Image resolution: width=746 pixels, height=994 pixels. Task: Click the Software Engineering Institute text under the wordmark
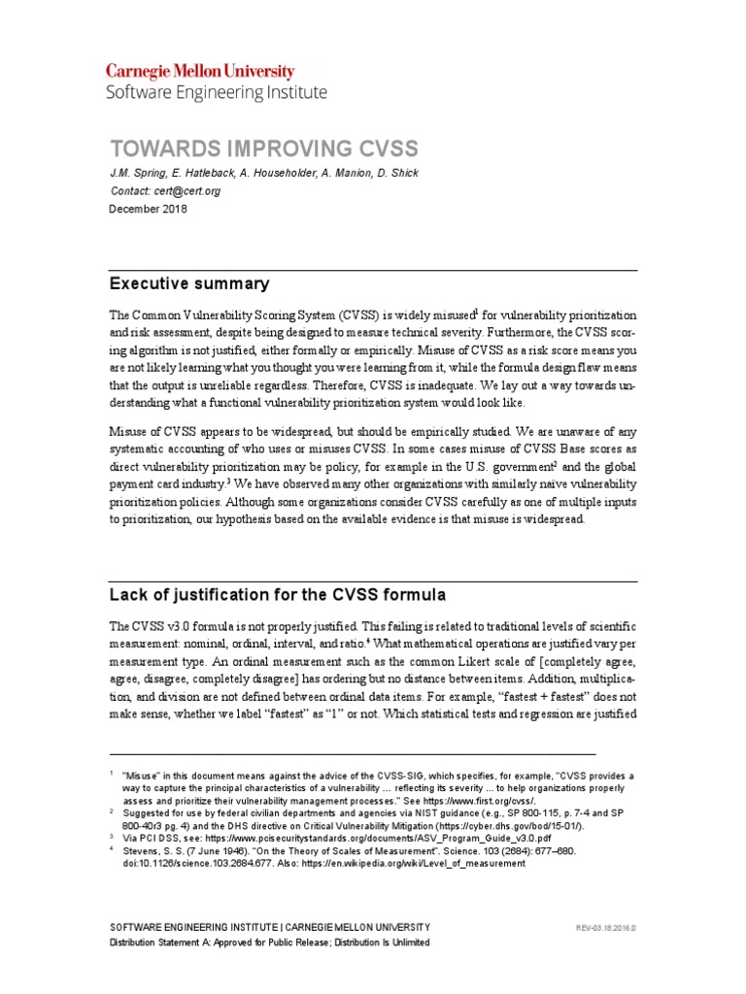point(216,93)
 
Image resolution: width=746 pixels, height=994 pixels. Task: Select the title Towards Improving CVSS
point(263,149)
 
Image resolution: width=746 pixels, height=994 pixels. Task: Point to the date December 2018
point(149,209)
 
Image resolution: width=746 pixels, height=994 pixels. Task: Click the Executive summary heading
point(188,284)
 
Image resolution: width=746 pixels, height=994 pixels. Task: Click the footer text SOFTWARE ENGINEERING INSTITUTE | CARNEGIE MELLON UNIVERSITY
point(269,928)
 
